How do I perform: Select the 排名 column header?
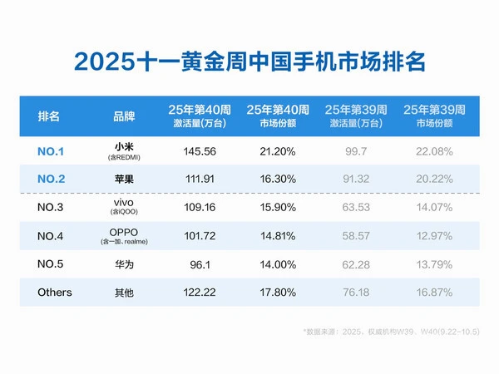click(49, 116)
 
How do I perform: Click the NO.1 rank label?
click(51, 152)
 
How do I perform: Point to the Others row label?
click(55, 293)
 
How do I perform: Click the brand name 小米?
click(123, 147)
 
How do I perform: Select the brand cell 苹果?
click(123, 180)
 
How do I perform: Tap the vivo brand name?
click(123, 203)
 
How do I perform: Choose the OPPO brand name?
click(123, 231)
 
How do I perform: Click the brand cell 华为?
click(123, 264)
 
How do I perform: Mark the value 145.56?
click(200, 151)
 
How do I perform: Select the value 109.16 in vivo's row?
click(200, 208)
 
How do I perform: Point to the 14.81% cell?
click(277, 236)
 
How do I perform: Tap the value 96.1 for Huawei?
click(200, 264)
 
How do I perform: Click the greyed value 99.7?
click(355, 151)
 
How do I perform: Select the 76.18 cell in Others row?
click(355, 293)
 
